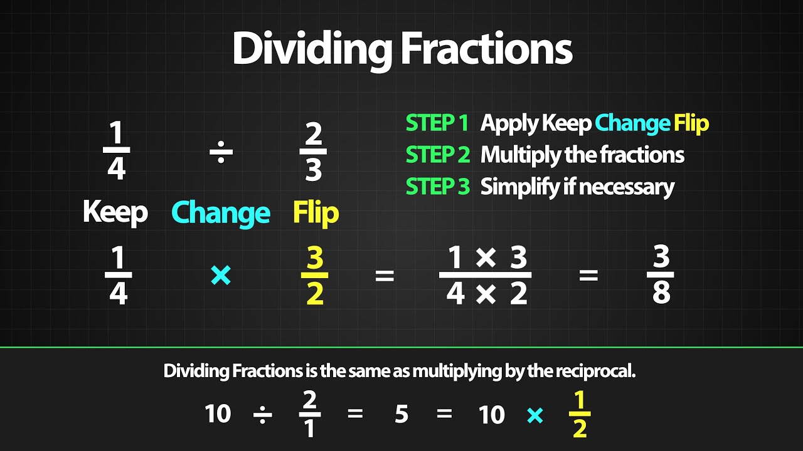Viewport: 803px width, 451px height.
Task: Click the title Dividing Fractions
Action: point(401,48)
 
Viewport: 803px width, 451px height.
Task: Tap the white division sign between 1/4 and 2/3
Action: point(221,152)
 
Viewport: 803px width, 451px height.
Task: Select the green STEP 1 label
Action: point(437,123)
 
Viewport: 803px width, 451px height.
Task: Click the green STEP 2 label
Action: point(437,155)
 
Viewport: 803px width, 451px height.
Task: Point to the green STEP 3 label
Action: point(437,187)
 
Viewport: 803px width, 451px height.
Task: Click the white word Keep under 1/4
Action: point(115,213)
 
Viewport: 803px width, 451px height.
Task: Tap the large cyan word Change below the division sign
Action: point(221,213)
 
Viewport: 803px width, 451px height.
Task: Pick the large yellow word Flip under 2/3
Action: point(316,213)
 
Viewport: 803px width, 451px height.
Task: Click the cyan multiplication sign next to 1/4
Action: point(221,276)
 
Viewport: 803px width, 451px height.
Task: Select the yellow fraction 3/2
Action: point(315,276)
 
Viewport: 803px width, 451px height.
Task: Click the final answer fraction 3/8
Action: point(661,276)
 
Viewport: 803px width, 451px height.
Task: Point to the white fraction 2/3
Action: point(313,152)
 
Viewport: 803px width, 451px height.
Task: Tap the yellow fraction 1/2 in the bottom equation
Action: point(580,415)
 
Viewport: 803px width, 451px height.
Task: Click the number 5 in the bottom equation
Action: point(401,415)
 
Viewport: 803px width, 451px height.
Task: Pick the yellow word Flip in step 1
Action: point(691,123)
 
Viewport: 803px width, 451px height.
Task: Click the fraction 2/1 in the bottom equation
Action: point(310,415)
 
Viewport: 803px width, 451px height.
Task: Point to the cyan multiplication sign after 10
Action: point(535,415)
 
